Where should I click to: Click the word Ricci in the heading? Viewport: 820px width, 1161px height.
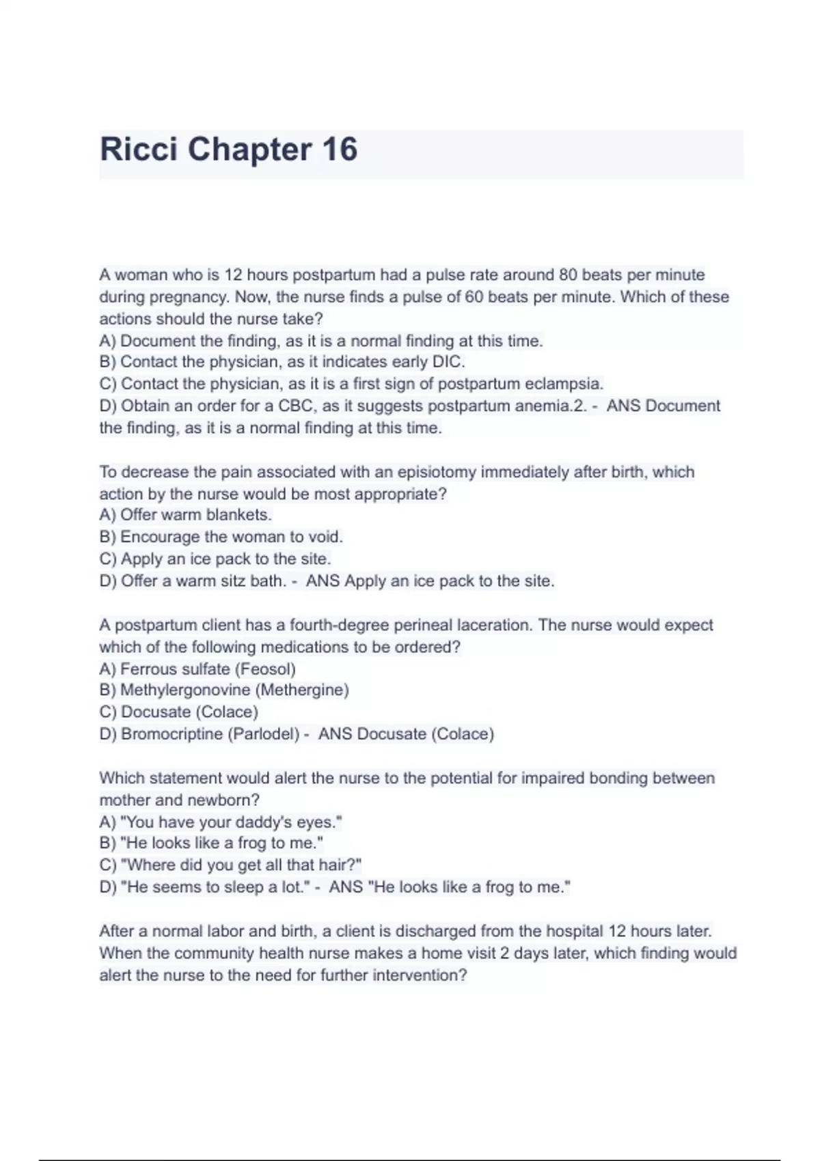pos(139,149)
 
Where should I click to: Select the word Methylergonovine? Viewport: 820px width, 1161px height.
pos(185,690)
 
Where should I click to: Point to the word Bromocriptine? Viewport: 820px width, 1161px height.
pos(172,734)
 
